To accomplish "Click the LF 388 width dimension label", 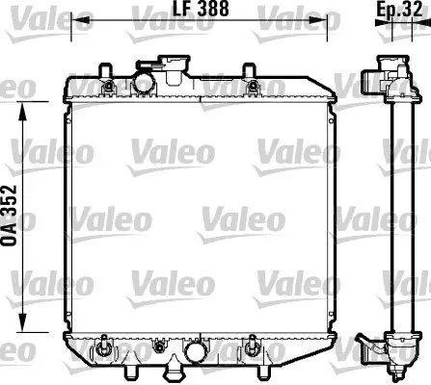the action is (201, 9).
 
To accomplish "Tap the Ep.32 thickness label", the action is (399, 9).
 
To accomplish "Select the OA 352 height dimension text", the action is (9, 216).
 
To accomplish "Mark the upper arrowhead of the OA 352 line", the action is (22, 112).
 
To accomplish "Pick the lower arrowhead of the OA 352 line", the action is (22, 322).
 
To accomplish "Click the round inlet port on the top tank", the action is (145, 84).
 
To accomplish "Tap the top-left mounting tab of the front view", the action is (105, 69).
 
